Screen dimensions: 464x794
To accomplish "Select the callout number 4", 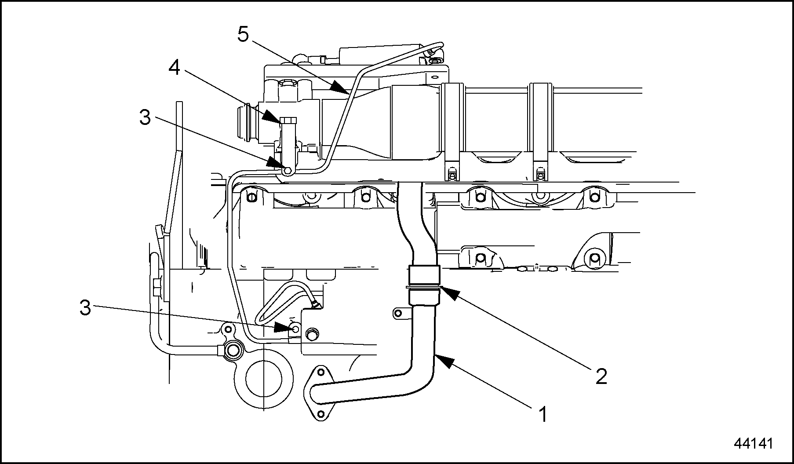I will [x=175, y=68].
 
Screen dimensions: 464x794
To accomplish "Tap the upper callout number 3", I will [x=145, y=118].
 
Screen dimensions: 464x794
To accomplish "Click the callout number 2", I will [x=601, y=376].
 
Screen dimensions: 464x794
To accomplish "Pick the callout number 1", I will [x=543, y=414].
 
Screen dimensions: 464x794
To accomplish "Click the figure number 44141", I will [x=753, y=443].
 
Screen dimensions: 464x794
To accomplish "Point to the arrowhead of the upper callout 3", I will [x=281, y=166].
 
